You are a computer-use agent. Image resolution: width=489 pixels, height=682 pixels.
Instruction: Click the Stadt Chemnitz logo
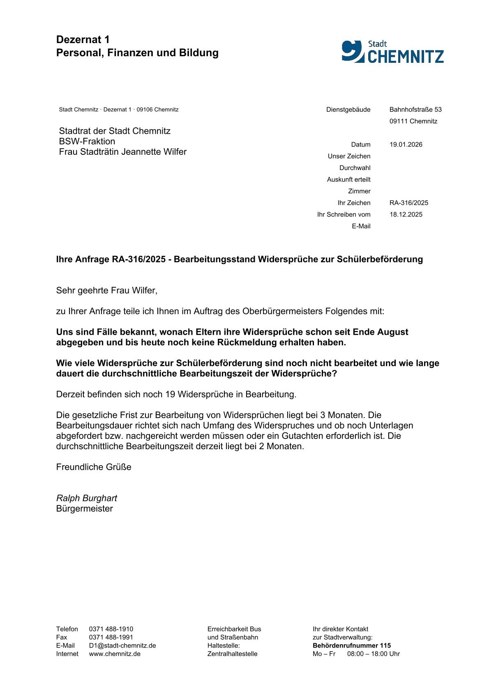tap(392, 52)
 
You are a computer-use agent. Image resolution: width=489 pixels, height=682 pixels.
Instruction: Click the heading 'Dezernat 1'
tap(83, 39)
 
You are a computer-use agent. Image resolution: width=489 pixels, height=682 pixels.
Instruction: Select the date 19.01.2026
tap(406, 145)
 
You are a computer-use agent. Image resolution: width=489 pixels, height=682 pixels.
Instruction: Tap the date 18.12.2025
tap(406, 214)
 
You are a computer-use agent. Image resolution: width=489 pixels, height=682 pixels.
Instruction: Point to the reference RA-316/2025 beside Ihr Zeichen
tap(408, 203)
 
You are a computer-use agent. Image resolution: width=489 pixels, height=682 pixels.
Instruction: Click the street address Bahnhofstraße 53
tap(415, 110)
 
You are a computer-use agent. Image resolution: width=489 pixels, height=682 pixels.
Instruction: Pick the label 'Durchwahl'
tap(355, 168)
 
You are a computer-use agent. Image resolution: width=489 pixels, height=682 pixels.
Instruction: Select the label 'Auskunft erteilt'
tap(348, 179)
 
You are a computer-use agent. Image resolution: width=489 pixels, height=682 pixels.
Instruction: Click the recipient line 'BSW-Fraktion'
tap(87, 141)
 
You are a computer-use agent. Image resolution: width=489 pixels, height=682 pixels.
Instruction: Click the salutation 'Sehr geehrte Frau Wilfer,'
tap(107, 291)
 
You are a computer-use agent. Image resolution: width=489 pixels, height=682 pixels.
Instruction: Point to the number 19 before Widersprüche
tap(170, 395)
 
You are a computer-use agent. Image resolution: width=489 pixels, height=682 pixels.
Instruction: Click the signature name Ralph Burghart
tap(87, 498)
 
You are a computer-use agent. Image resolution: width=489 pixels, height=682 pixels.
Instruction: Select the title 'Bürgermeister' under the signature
tap(84, 509)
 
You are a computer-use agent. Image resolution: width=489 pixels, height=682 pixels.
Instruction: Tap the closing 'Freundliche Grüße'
tap(94, 467)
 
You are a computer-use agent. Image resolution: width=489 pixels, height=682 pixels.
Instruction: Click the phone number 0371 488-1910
tap(111, 629)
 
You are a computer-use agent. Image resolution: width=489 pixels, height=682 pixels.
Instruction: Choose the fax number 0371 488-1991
tap(111, 637)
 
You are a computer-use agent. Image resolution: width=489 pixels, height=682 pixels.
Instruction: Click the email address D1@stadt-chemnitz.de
tap(122, 645)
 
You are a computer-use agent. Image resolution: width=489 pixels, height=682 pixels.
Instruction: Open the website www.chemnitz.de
tap(115, 654)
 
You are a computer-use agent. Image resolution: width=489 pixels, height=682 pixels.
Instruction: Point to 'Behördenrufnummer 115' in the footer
tap(351, 645)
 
